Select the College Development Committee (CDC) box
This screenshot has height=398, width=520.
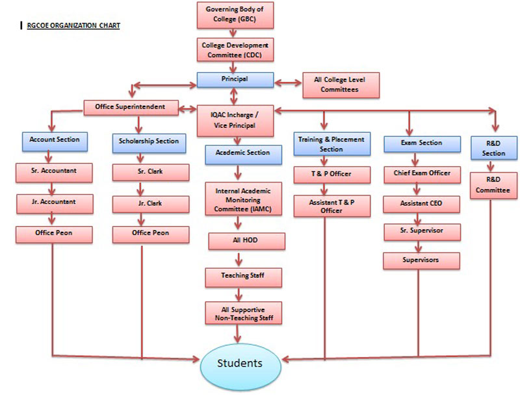pyautogui.click(x=235, y=51)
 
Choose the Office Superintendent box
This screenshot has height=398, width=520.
pyautogui.click(x=130, y=106)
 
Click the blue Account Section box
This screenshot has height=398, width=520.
pyautogui.click(x=55, y=140)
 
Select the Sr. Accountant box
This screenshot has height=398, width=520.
pyautogui.click(x=55, y=171)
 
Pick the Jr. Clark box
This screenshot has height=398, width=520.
pyautogui.click(x=150, y=204)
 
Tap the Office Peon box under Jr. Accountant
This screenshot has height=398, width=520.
pyautogui.click(x=55, y=232)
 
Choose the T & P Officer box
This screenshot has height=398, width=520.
pyautogui.click(x=331, y=175)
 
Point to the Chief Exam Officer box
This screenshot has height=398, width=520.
pyautogui.click(x=421, y=174)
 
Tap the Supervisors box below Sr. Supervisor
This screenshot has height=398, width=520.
pyautogui.click(x=421, y=260)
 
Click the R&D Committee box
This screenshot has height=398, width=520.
pyautogui.click(x=493, y=186)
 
